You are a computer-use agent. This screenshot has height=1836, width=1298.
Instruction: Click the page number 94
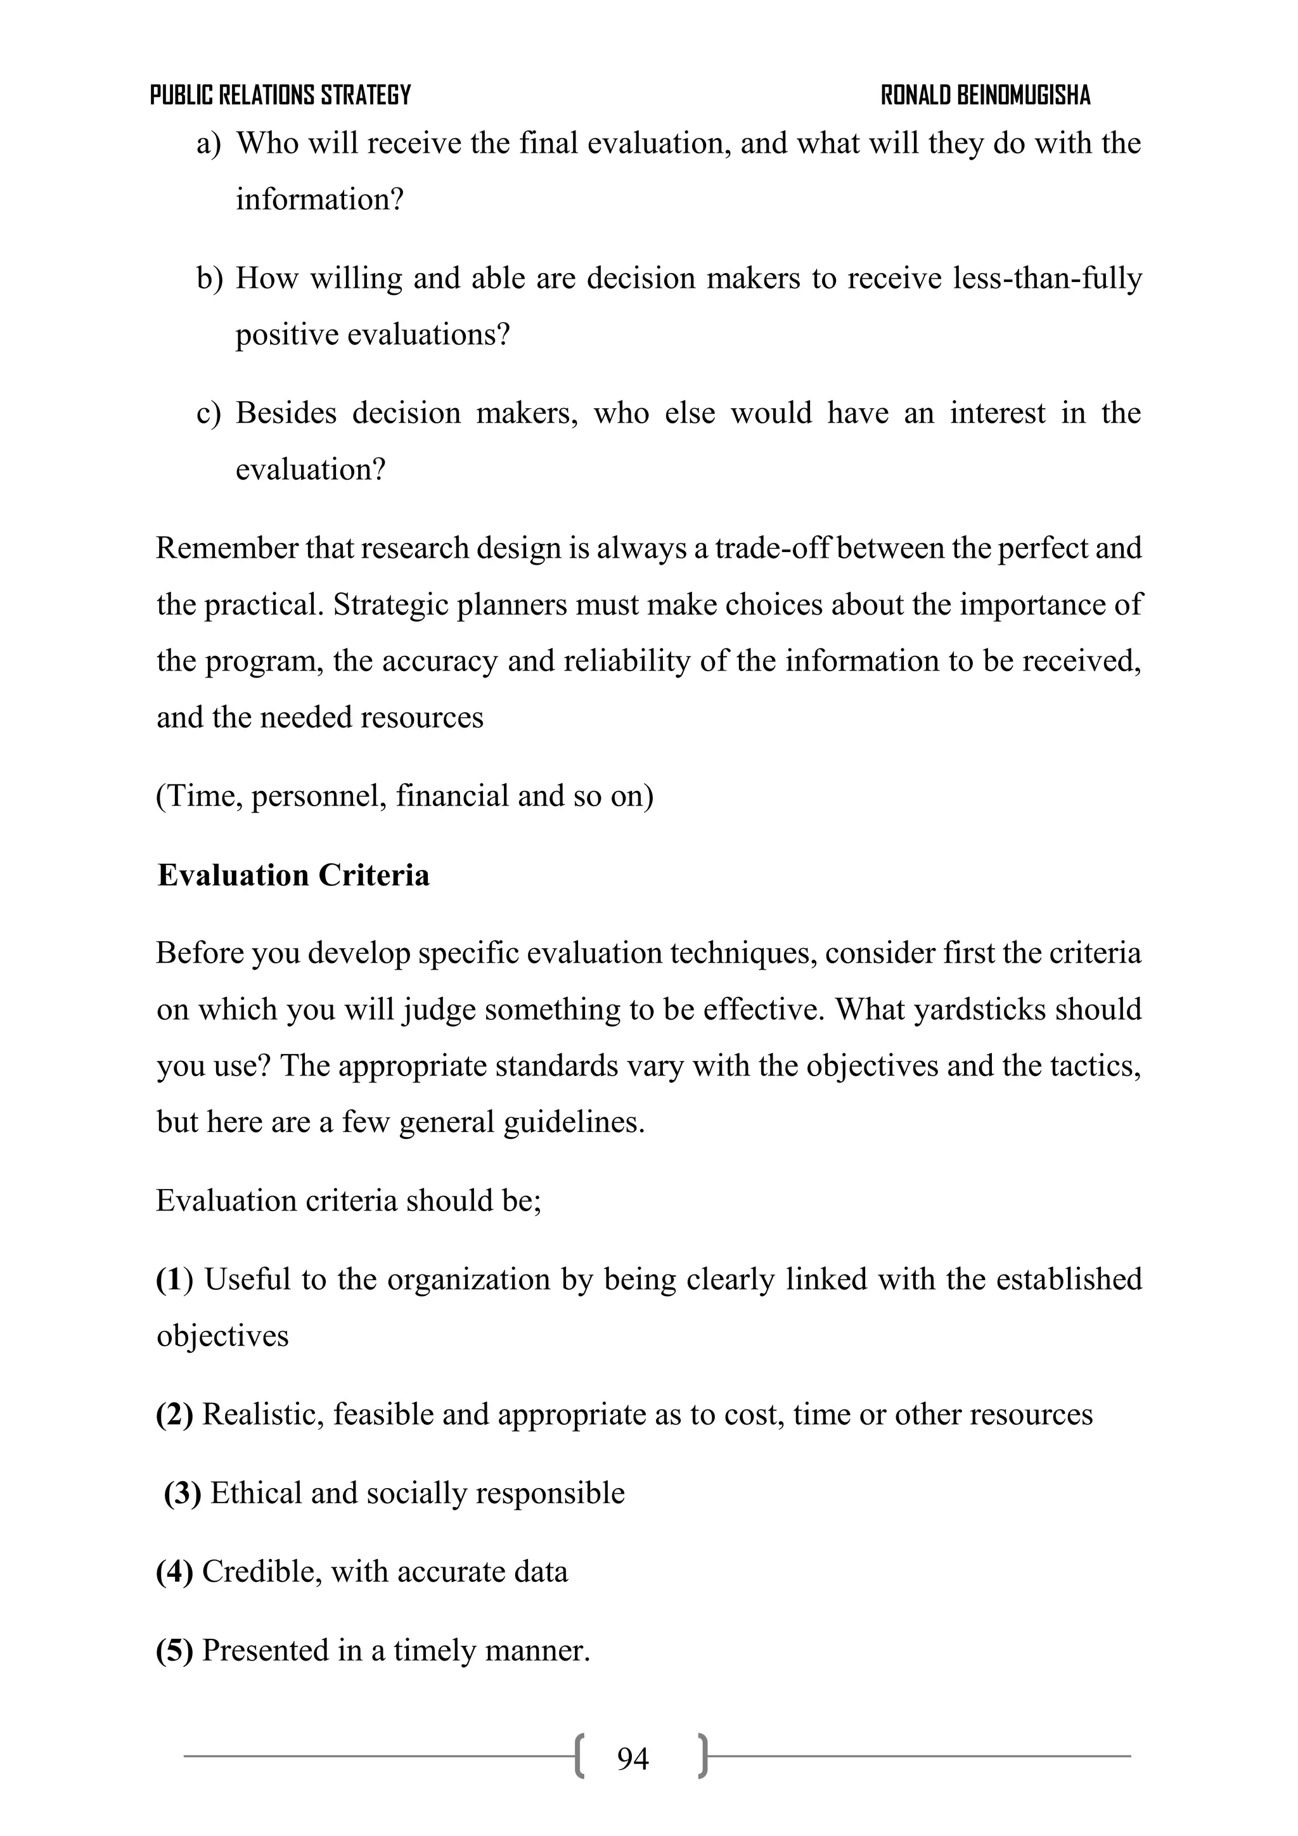tap(633, 1759)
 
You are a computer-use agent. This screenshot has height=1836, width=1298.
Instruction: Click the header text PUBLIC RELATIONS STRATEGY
tap(280, 95)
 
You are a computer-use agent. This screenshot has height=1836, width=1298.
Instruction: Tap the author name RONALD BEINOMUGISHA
tap(986, 95)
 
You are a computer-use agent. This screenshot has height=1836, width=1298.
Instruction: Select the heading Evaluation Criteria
tap(293, 876)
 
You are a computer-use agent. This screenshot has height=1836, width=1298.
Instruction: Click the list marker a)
tap(208, 144)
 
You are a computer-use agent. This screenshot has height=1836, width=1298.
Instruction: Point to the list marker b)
tap(209, 278)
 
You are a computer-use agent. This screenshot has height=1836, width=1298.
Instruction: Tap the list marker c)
tap(208, 413)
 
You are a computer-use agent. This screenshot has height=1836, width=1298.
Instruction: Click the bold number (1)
tap(174, 1280)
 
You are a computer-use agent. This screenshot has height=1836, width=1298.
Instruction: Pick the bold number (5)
tap(174, 1650)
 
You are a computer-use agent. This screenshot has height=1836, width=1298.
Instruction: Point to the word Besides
tap(285, 413)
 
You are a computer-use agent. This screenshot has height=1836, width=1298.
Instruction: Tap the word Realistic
tap(263, 1415)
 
